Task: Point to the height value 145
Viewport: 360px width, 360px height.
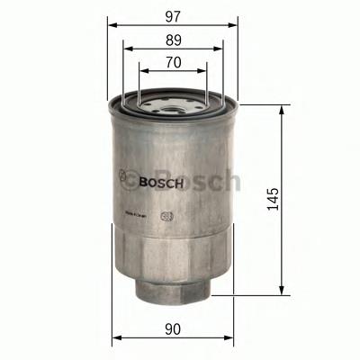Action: pos(275,199)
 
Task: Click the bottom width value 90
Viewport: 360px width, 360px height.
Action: pos(173,329)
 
